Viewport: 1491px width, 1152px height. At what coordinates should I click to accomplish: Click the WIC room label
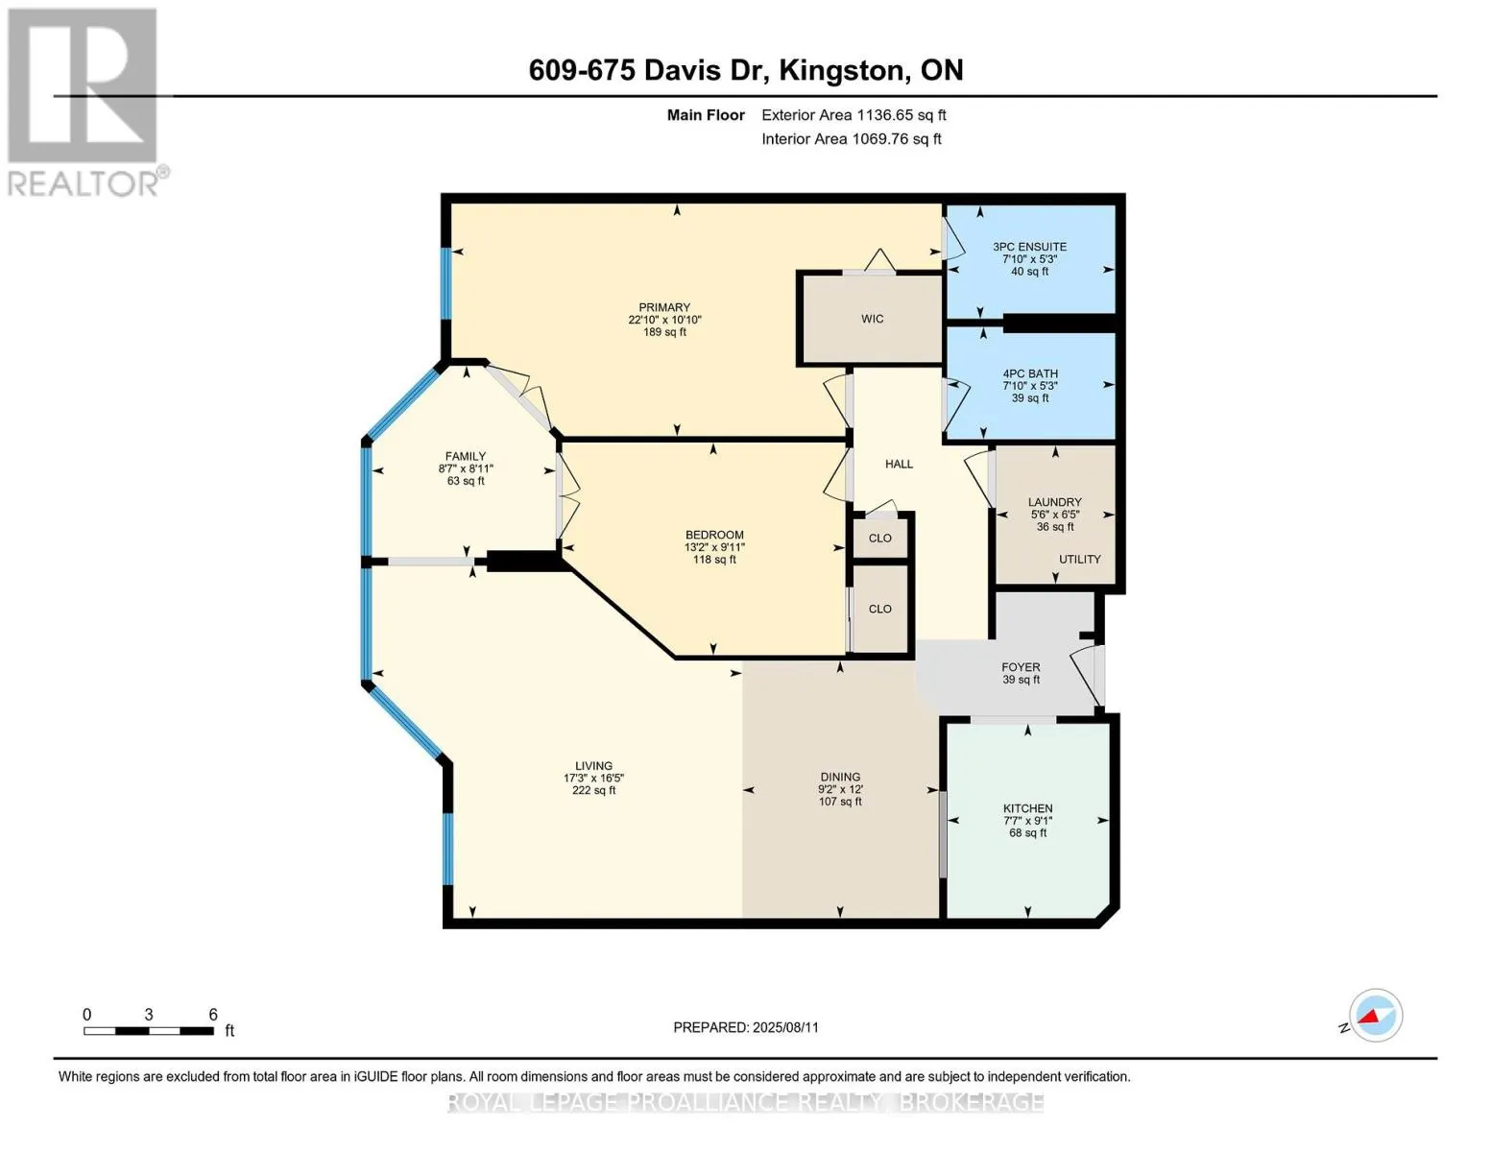pos(872,319)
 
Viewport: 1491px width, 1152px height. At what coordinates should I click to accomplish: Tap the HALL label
pos(899,464)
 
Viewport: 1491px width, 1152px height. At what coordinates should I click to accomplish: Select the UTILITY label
pos(1079,559)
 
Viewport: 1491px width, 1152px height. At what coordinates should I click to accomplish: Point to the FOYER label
pos(1021,667)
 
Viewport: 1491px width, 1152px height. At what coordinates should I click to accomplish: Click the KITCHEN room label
pos(1027,808)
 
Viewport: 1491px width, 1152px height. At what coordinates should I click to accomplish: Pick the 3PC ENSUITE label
pos(1029,247)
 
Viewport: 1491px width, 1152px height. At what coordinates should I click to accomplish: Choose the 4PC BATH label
pos(1030,373)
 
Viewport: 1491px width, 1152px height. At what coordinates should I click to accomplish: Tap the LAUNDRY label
pos(1054,502)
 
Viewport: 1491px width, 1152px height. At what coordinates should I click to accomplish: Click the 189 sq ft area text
pos(664,332)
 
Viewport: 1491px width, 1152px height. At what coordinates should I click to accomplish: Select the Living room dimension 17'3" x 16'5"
pos(593,778)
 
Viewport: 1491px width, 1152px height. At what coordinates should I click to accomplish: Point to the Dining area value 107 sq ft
pos(840,802)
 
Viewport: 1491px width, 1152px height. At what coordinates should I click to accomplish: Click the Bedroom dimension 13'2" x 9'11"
pos(714,547)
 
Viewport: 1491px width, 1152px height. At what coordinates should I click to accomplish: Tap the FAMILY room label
pos(466,456)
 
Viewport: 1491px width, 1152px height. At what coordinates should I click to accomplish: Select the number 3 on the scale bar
pos(148,1014)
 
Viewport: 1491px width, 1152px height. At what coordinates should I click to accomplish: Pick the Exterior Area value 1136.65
pos(881,115)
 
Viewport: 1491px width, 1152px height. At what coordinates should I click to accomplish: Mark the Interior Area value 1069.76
pos(878,138)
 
